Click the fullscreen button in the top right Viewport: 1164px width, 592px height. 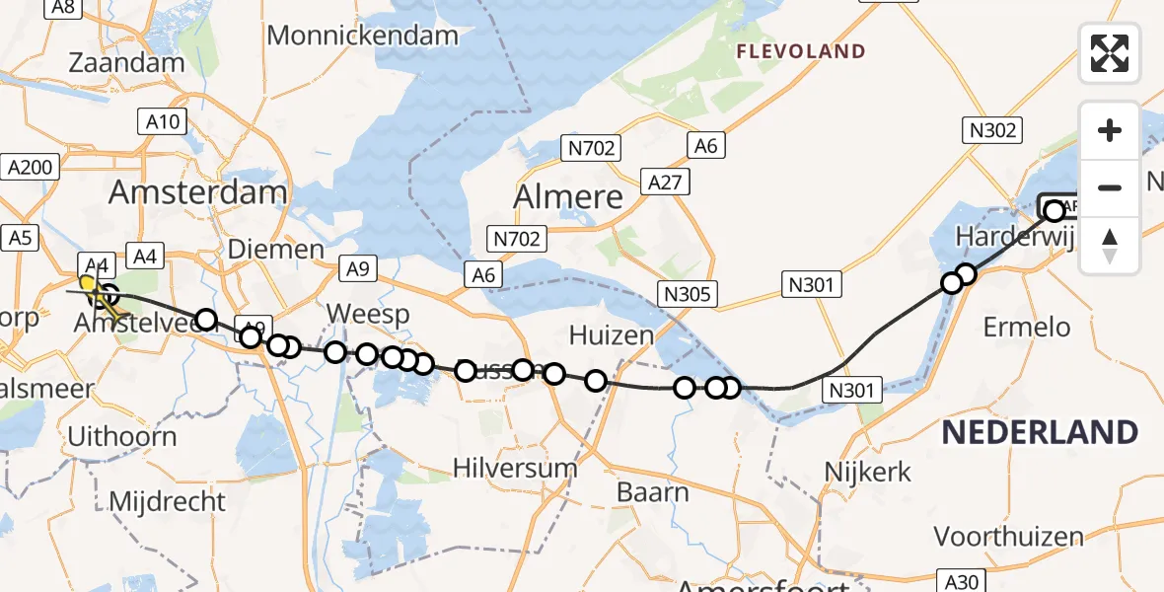1110,53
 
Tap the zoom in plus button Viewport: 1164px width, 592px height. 1110,130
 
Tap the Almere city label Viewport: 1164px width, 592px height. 568,196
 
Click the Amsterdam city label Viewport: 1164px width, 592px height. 197,191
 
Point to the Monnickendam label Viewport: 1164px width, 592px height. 362,36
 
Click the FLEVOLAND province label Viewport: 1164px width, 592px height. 802,51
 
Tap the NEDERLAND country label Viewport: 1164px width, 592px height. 1039,431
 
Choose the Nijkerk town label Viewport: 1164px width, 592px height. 867,472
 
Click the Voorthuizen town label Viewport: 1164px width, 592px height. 1008,537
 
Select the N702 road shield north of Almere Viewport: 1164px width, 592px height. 591,149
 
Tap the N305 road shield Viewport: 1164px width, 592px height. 690,293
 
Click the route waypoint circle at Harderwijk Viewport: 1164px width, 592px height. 1054,210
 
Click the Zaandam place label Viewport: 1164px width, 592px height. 126,62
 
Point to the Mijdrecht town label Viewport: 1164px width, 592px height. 167,501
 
